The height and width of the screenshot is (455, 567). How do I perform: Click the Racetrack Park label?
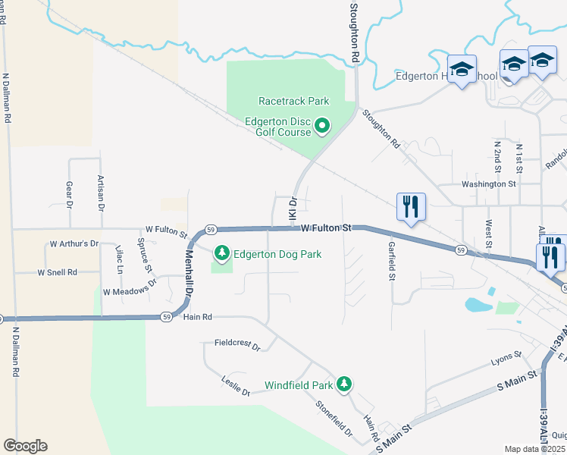[x=293, y=100]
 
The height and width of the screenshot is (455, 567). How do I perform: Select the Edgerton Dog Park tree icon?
[x=222, y=253]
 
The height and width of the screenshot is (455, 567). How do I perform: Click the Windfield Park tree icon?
[x=344, y=363]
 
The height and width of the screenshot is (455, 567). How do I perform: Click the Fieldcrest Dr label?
[x=237, y=345]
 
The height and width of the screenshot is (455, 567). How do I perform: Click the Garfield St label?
[x=392, y=261]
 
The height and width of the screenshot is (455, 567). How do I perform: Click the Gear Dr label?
[x=69, y=194]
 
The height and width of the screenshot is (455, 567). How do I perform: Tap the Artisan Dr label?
[x=100, y=192]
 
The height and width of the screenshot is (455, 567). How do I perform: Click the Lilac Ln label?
[x=119, y=259]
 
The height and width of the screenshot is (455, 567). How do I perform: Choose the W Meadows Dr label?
[x=130, y=287]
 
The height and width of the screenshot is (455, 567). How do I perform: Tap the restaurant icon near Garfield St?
[x=411, y=206]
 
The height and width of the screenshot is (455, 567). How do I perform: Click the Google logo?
[x=25, y=446]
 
